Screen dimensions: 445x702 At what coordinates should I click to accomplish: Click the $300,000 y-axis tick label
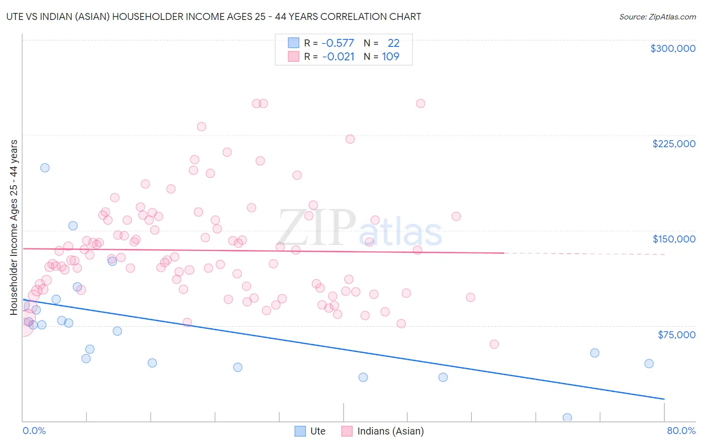(673, 48)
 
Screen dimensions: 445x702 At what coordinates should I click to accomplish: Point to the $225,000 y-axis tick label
(674, 144)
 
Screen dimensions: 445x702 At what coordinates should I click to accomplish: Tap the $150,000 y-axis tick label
(674, 239)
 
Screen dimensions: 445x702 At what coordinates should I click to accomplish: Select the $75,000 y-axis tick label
(676, 335)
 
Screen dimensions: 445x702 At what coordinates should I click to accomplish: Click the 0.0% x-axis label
(34, 431)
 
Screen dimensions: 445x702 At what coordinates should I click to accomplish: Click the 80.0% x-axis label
(681, 431)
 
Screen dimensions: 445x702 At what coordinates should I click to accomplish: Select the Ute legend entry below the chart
(310, 431)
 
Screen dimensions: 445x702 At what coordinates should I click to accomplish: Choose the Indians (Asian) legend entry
(382, 431)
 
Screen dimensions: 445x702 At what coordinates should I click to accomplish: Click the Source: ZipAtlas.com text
(657, 16)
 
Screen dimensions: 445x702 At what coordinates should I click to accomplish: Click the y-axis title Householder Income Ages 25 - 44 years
(14, 227)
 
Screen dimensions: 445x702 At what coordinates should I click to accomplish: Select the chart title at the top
(214, 16)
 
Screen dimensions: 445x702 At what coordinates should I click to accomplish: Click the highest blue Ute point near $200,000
(45, 168)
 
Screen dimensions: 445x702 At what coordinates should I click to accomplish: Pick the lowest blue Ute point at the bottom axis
(567, 418)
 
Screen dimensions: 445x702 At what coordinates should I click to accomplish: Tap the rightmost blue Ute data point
(649, 363)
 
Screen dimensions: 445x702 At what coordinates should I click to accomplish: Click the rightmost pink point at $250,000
(420, 104)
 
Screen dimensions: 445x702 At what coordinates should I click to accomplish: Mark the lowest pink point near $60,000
(494, 344)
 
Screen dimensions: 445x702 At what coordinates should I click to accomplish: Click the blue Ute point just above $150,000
(73, 225)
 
